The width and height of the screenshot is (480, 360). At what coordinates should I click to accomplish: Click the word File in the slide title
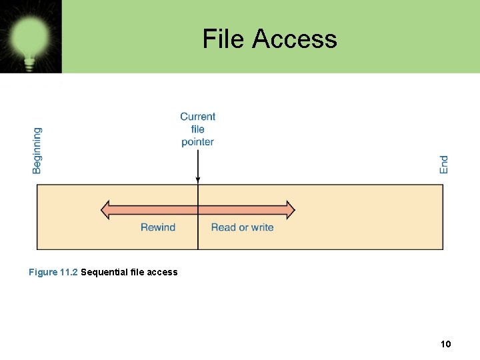(x=224, y=39)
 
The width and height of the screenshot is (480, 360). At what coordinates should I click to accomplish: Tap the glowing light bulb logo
(x=30, y=36)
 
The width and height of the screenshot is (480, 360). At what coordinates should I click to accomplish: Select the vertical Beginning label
(x=37, y=151)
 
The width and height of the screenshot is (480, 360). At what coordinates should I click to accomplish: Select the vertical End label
(x=444, y=165)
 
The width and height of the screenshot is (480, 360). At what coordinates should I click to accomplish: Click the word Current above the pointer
(x=198, y=117)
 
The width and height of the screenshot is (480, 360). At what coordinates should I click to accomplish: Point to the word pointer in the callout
(x=198, y=141)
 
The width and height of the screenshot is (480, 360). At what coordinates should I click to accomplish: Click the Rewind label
(x=158, y=227)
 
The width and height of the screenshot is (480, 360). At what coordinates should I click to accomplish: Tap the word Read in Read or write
(x=223, y=227)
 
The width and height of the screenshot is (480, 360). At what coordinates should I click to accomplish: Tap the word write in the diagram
(x=261, y=227)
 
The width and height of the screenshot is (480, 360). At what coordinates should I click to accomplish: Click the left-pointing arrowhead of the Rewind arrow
(x=105, y=210)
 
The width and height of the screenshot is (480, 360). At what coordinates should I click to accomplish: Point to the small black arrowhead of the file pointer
(x=198, y=179)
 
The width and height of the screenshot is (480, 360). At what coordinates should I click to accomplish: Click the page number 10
(x=446, y=344)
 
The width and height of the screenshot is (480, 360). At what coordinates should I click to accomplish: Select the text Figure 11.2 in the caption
(x=53, y=272)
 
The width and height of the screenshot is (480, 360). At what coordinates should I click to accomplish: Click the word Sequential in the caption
(x=104, y=272)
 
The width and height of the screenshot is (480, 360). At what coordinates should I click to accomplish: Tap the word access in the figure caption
(x=163, y=272)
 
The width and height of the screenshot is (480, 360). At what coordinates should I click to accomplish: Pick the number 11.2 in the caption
(x=69, y=272)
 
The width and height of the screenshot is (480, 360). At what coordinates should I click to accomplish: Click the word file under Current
(x=198, y=129)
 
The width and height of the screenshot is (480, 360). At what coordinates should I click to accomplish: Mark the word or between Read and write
(x=243, y=227)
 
